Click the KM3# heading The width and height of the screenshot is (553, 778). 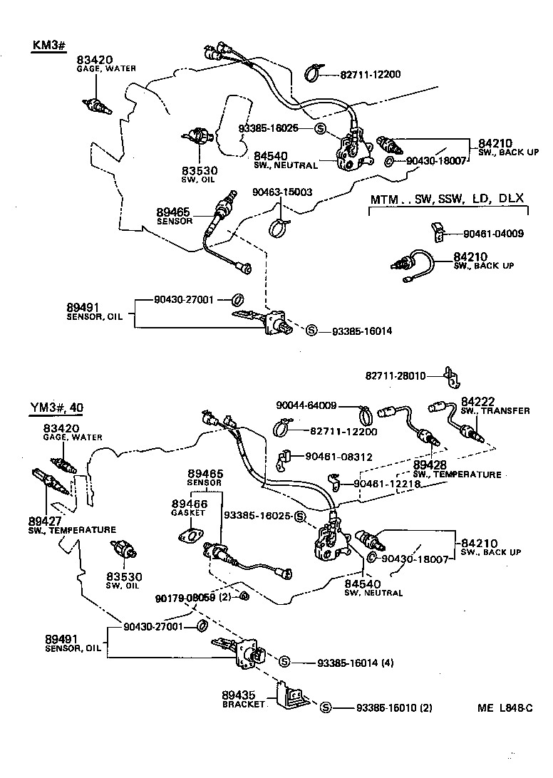point(48,46)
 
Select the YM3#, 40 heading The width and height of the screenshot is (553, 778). point(56,408)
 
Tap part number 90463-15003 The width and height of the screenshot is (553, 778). point(282,192)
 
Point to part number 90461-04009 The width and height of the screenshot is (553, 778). point(493,233)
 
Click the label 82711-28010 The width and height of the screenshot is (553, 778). point(396,375)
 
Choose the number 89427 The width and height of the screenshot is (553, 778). point(44,520)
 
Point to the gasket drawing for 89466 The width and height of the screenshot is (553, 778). point(188,536)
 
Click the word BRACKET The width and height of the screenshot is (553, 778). point(243,704)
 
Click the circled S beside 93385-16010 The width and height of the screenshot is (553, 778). point(326,707)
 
